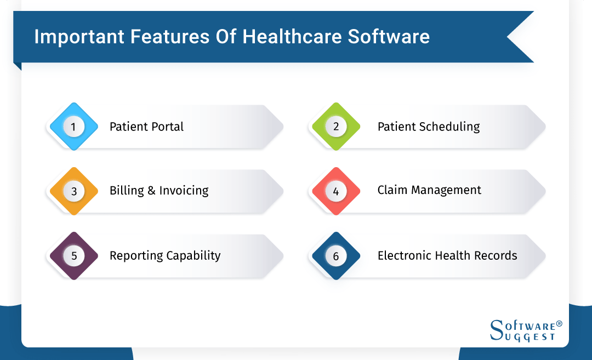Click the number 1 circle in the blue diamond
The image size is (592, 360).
73,127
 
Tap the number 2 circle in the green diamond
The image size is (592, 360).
336,127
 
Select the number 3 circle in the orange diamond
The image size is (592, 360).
73,191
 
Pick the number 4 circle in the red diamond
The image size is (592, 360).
336,191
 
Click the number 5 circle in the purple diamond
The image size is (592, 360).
73,256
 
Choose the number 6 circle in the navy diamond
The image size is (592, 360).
336,256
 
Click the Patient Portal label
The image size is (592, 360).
146,127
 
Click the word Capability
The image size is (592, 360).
192,256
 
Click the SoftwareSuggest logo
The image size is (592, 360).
525,330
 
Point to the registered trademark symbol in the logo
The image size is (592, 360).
559,324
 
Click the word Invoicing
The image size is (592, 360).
184,191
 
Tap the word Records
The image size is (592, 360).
496,255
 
